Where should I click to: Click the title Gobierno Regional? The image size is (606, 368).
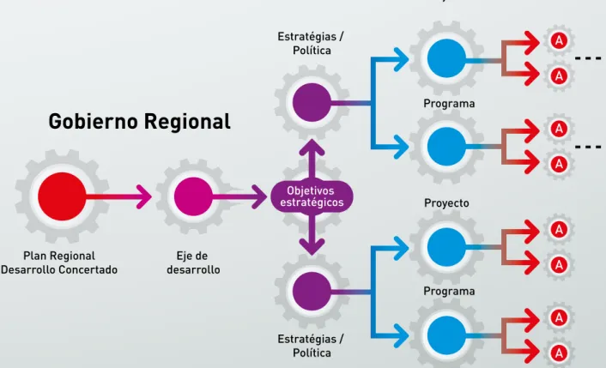[140, 121]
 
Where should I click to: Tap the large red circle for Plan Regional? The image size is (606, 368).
[62, 196]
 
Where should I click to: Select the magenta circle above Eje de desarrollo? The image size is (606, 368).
[193, 196]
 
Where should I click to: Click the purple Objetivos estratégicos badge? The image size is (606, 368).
[312, 196]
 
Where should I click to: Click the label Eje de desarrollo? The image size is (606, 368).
[193, 262]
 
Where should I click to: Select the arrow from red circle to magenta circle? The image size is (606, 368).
[118, 196]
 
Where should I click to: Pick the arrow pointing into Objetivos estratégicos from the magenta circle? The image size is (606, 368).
[239, 196]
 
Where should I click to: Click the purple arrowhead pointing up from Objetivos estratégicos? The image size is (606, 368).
[312, 148]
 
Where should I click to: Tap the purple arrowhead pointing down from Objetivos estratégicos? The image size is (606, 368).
[312, 247]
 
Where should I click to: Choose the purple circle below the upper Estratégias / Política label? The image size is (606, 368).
[312, 103]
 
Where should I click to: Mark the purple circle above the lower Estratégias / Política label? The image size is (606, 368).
[312, 291]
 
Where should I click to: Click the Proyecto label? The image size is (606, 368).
[446, 203]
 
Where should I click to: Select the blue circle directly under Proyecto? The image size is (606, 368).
[446, 247]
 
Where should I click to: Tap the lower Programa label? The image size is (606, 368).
[449, 291]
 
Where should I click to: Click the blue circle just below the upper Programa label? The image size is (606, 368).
[446, 147]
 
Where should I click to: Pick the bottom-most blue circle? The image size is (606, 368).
[446, 335]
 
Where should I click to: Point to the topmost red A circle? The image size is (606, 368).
[559, 40]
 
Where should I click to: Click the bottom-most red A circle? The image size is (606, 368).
[559, 353]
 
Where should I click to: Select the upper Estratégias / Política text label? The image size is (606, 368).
[311, 43]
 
